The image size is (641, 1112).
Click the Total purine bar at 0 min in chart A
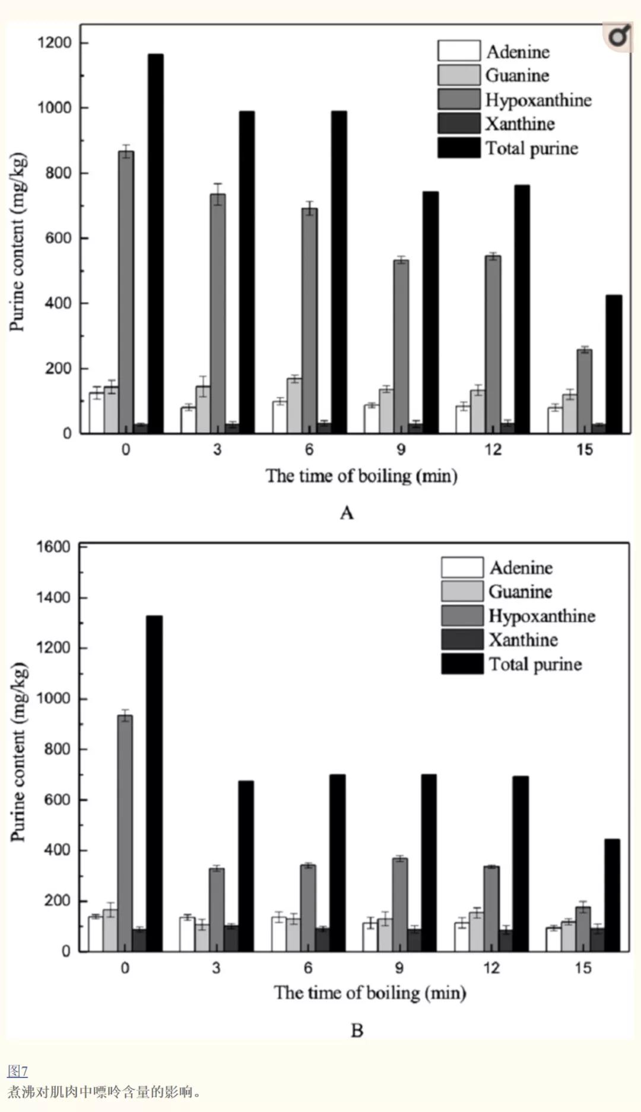pyautogui.click(x=156, y=243)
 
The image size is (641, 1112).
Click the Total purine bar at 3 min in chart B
pyautogui.click(x=246, y=866)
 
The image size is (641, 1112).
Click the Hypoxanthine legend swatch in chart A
pyautogui.click(x=459, y=100)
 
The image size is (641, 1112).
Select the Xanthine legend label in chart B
pyautogui.click(x=523, y=640)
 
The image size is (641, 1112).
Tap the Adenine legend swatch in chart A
pyautogui.click(x=459, y=51)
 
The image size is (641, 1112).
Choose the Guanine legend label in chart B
pyautogui.click(x=520, y=592)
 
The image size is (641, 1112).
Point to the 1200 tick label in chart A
pyautogui.click(x=54, y=43)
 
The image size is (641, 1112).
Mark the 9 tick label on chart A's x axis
pyautogui.click(x=401, y=449)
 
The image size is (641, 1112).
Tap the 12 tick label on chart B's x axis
pyautogui.click(x=491, y=968)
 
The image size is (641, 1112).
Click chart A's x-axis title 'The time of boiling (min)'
pyautogui.click(x=361, y=476)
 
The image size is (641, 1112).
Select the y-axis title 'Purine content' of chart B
pyautogui.click(x=18, y=750)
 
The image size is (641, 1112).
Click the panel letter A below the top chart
pyautogui.click(x=347, y=513)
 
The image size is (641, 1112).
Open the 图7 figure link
pyautogui.click(x=17, y=1071)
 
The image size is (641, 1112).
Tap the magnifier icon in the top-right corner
pyautogui.click(x=618, y=37)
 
